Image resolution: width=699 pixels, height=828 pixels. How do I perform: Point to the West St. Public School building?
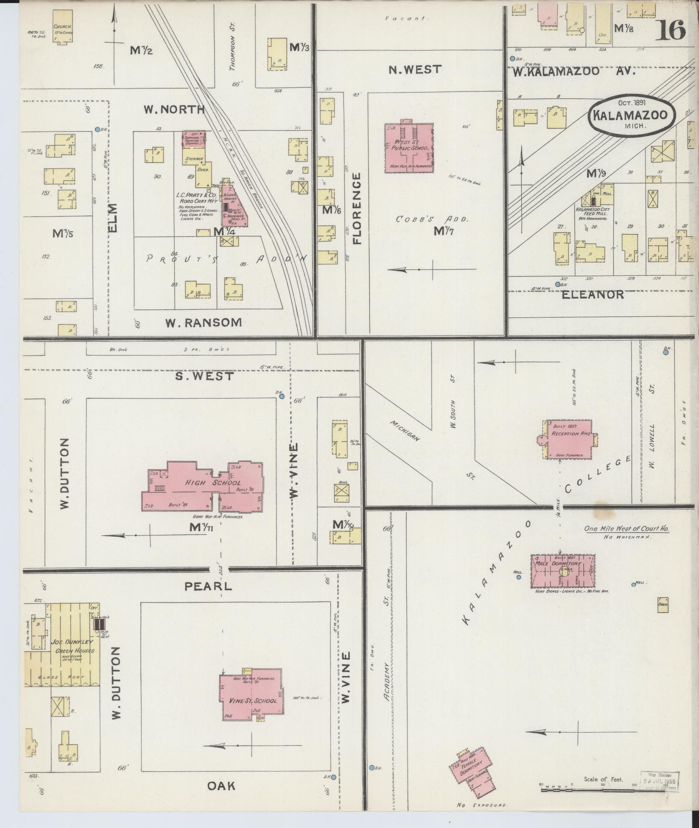pos(408,148)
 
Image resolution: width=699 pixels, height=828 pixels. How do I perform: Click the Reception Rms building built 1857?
pos(569,440)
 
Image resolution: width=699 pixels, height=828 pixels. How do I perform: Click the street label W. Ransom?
pos(204,322)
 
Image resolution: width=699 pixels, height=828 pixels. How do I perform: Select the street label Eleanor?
pos(593,295)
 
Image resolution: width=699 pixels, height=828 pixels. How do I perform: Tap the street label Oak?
pos(221,786)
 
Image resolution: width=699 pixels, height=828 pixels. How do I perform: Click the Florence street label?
pos(357,208)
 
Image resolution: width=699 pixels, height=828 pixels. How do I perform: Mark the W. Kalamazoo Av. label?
pos(573,71)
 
